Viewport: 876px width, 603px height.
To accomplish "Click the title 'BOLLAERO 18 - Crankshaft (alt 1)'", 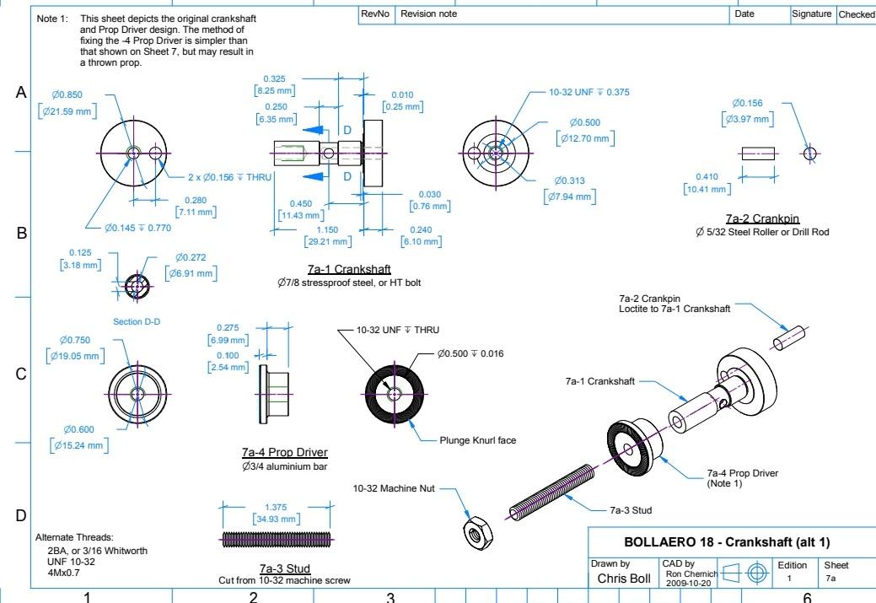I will [x=729, y=542].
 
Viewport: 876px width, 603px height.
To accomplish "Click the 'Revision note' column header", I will [x=428, y=14].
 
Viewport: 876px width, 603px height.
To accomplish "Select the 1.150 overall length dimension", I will [x=326, y=229].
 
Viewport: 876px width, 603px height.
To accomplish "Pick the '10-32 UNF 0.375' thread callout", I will [x=589, y=92].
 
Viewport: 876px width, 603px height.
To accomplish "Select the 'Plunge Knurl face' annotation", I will [x=477, y=440].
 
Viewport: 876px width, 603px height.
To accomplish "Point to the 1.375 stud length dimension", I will [x=276, y=507].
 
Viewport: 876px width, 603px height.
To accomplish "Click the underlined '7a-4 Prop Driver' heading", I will [x=284, y=453].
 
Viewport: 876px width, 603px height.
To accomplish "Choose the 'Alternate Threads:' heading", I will [x=73, y=537].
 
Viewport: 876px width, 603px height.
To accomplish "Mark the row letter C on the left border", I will [x=22, y=374].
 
